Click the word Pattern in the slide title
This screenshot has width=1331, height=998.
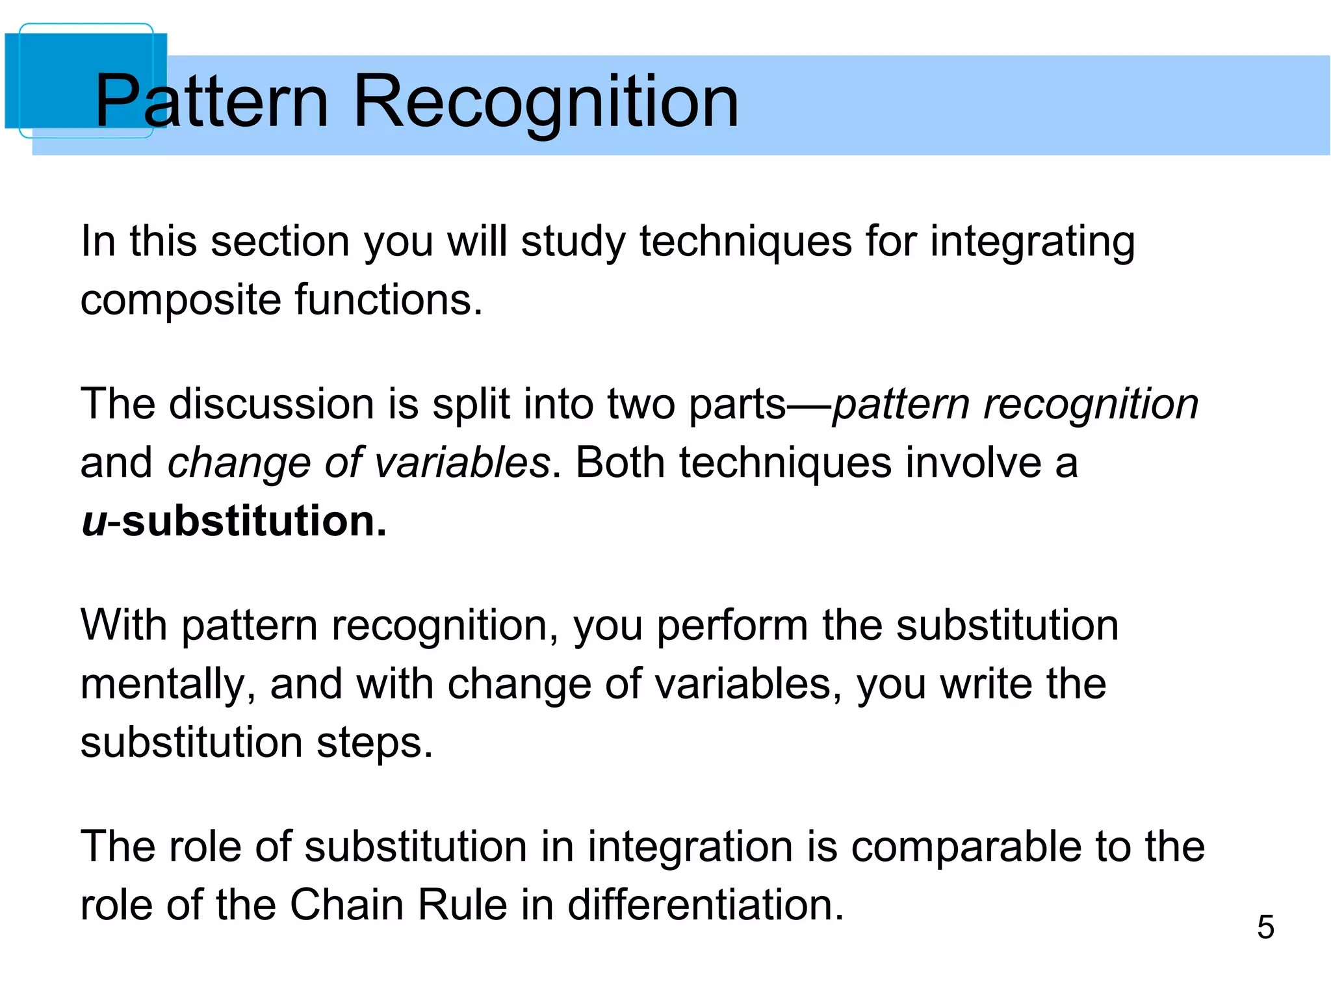(212, 101)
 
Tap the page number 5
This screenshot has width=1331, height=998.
(1265, 927)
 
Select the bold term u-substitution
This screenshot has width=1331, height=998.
(234, 521)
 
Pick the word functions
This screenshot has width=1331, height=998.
(388, 300)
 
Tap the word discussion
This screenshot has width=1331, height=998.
(272, 404)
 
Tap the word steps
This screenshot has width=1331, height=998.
(374, 743)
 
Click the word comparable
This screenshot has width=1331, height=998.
(967, 847)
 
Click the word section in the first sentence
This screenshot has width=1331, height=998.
(280, 242)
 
